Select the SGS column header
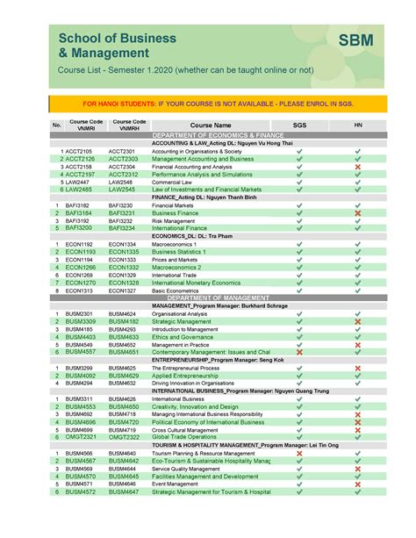click(299, 126)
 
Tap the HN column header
click(357, 126)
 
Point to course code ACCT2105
click(78, 151)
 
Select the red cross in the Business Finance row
click(357, 212)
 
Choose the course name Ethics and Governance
click(183, 336)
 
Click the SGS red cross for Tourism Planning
click(299, 452)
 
